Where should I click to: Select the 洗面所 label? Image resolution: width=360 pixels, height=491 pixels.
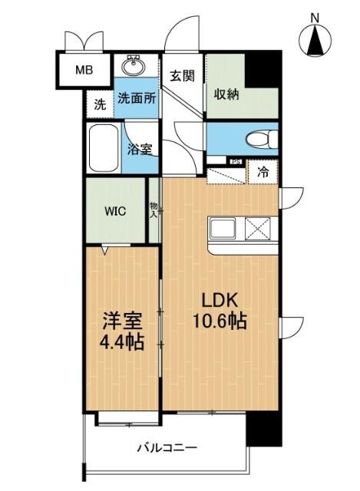click(137, 100)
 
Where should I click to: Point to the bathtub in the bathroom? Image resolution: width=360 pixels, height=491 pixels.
click(104, 147)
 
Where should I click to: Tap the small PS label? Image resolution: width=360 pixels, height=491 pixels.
click(236, 161)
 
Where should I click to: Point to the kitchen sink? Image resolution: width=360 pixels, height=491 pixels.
click(225, 228)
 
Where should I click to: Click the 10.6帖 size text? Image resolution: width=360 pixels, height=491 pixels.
click(219, 322)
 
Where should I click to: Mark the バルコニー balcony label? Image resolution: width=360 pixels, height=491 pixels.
click(167, 447)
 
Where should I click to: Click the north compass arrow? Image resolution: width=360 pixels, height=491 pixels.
click(314, 40)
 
